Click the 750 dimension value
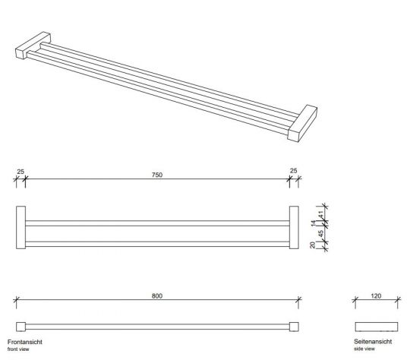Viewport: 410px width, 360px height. coord(157,175)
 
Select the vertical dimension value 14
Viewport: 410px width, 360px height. coord(313,224)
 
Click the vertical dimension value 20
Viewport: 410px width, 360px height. coord(313,245)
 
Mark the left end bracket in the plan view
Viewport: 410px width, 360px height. coord(20,227)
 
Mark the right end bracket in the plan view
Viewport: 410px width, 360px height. coord(294,227)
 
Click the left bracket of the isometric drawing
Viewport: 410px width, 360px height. coord(31,49)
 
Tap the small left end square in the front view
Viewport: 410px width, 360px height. coord(20,327)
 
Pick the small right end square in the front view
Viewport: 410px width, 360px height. coord(295,327)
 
